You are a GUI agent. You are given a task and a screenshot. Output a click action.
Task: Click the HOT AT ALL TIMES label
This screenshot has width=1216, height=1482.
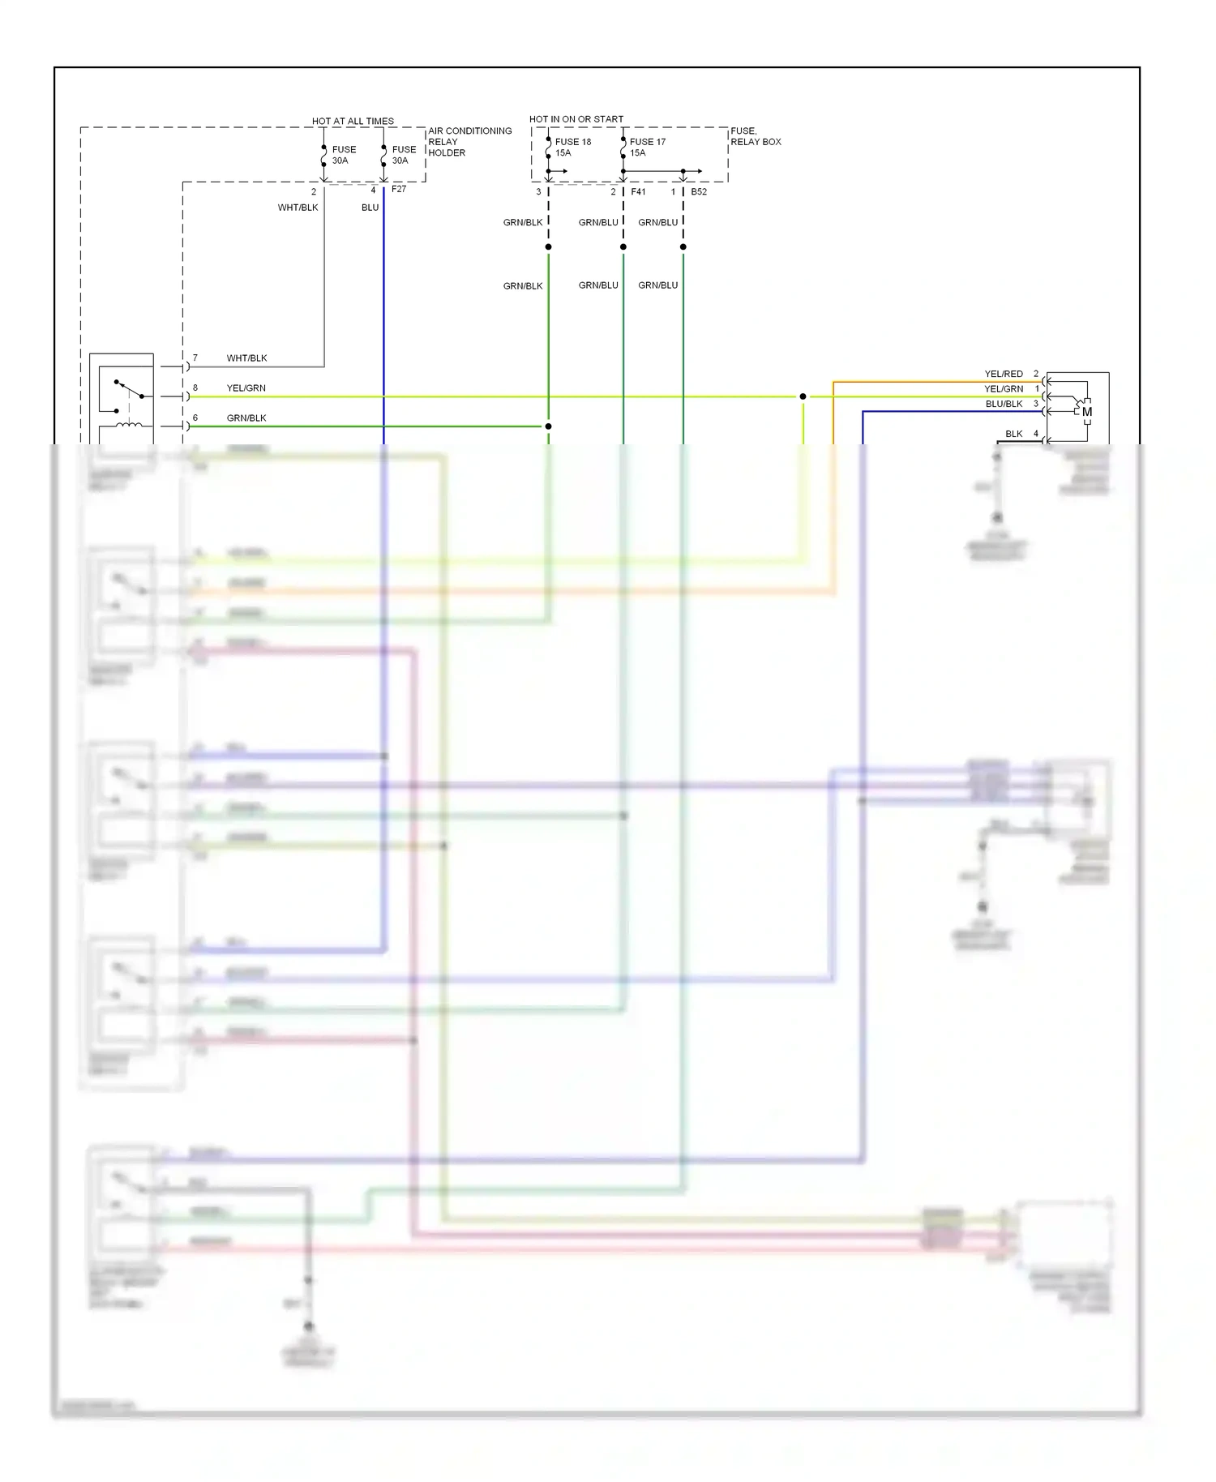(353, 121)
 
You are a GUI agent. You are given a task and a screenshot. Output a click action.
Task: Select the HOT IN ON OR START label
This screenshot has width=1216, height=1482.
(576, 119)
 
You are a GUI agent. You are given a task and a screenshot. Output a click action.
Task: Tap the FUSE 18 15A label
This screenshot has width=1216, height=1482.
(572, 147)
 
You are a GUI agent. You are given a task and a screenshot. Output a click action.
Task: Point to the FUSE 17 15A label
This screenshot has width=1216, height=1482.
(647, 147)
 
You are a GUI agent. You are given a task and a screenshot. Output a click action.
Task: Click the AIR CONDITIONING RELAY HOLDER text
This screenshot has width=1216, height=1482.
(469, 141)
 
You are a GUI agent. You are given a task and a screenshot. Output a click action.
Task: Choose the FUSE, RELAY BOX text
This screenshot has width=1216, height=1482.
(755, 136)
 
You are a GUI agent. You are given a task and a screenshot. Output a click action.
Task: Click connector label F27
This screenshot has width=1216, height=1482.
(399, 189)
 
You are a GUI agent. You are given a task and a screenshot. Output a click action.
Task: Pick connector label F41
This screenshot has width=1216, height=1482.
(638, 192)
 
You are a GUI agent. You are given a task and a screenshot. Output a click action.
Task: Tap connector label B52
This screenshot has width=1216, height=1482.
(699, 192)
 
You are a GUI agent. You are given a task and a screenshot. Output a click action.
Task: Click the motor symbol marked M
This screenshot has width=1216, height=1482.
(1086, 412)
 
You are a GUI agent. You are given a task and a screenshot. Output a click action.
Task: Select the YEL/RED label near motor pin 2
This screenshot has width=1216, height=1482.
(1004, 374)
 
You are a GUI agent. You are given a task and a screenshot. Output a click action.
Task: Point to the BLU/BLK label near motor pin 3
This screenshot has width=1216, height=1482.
(1004, 404)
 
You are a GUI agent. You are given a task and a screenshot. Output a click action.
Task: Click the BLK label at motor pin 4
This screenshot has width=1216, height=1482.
(1013, 434)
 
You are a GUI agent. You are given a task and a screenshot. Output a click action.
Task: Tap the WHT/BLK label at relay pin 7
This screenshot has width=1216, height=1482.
(246, 358)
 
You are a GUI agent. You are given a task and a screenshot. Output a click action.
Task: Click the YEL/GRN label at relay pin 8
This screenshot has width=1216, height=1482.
(246, 388)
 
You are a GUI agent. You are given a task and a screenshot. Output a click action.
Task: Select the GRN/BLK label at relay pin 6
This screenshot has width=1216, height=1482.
(246, 418)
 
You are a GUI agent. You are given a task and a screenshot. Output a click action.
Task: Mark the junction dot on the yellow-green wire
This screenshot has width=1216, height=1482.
(803, 396)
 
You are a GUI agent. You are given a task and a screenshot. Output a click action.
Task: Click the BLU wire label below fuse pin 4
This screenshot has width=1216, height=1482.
(370, 208)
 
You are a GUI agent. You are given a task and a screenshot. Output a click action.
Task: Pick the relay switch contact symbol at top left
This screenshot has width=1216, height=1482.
(129, 389)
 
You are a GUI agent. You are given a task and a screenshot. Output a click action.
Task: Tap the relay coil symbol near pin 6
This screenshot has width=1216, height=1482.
(129, 426)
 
